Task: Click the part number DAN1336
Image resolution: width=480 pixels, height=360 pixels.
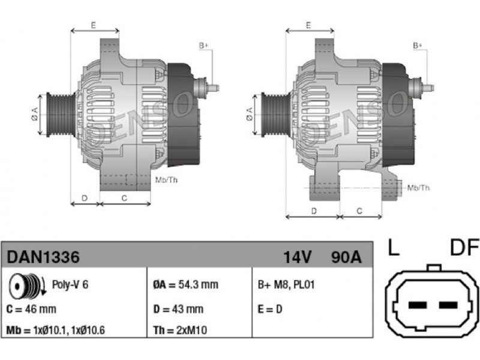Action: [x=43, y=257]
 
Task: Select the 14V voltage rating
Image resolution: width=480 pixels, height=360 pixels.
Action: [x=297, y=257]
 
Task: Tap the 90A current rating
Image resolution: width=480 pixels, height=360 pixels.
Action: [x=346, y=257]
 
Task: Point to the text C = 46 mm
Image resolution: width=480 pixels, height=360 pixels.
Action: [x=31, y=309]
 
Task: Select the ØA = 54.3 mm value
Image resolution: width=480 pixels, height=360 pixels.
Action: [x=185, y=284]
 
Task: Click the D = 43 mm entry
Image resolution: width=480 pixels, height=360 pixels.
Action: [x=178, y=309]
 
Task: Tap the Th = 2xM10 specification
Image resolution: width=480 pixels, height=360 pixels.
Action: [x=180, y=331]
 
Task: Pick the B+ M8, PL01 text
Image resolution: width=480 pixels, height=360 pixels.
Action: [x=286, y=285]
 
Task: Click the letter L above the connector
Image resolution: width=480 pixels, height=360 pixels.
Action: [x=394, y=247]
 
